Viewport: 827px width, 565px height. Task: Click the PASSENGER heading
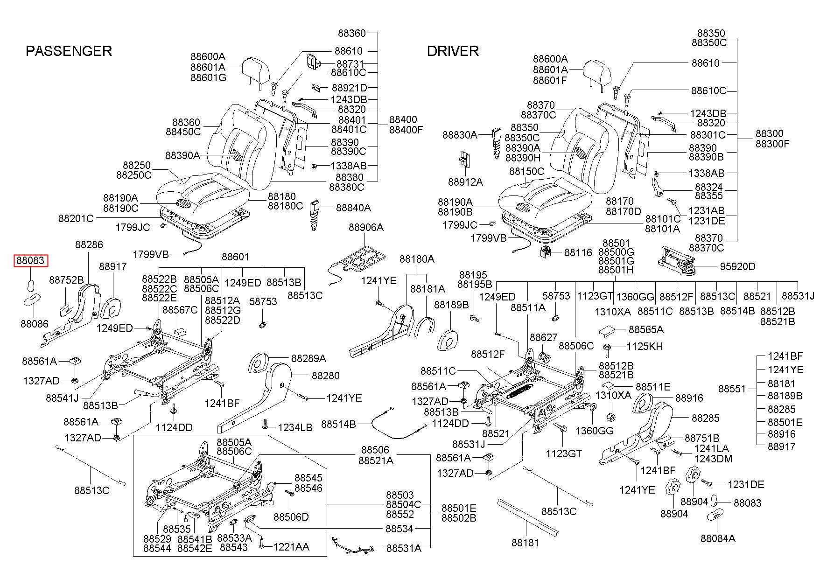(69, 51)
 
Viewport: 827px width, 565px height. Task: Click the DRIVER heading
(453, 51)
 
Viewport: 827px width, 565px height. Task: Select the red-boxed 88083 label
(31, 260)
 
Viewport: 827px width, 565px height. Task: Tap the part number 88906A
(366, 227)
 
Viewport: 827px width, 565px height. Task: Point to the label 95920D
(737, 266)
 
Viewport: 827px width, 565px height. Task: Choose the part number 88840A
(353, 207)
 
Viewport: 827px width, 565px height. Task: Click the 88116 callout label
(578, 252)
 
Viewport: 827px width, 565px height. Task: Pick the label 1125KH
(644, 347)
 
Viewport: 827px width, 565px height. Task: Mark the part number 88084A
(718, 538)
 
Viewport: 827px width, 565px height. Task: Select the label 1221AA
(291, 547)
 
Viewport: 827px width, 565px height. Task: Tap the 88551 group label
(732, 389)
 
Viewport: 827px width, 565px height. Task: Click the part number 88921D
(350, 88)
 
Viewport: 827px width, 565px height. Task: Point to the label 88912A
(465, 182)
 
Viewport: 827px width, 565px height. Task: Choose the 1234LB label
(295, 427)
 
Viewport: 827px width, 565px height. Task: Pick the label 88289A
(308, 358)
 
